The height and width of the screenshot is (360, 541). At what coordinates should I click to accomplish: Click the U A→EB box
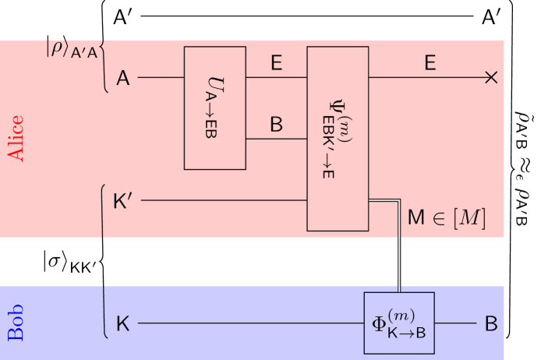pos(214,108)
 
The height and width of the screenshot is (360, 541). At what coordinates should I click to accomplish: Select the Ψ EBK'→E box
pos(337,139)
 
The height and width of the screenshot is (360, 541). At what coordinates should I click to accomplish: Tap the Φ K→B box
pos(398,323)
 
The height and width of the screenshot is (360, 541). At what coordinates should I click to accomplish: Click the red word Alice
pos(16,139)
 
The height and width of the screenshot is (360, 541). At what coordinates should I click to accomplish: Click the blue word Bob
pos(16,323)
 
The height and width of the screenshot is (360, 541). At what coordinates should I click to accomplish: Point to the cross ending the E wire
pos(490,77)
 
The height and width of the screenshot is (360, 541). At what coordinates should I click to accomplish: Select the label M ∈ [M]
pos(447,218)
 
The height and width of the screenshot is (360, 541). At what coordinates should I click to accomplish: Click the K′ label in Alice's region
pos(123,201)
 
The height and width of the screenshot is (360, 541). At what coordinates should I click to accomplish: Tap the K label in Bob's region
pos(122,323)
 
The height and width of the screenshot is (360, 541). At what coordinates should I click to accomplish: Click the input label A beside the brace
pos(123,78)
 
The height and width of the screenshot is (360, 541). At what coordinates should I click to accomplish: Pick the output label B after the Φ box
pos(491,323)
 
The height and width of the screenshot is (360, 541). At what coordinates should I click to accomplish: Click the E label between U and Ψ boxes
pos(276,63)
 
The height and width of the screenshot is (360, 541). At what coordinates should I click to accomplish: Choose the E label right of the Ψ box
pos(430,63)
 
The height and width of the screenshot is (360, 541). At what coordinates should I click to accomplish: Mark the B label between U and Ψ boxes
pos(276,125)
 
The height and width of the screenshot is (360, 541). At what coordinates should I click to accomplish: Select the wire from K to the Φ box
pos(249,323)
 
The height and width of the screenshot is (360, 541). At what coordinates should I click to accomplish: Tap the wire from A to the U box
pos(161,78)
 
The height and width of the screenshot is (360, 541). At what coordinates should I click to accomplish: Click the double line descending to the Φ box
pos(399,249)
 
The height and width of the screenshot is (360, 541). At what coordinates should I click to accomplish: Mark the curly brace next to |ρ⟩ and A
pos(105,66)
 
